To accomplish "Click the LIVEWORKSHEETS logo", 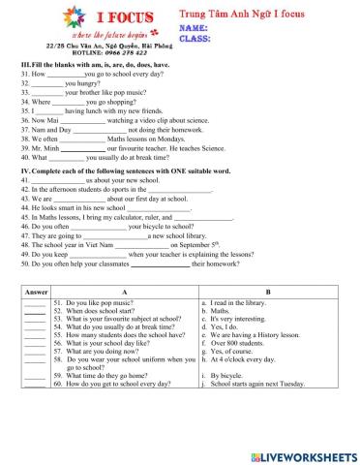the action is click(x=302, y=453).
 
